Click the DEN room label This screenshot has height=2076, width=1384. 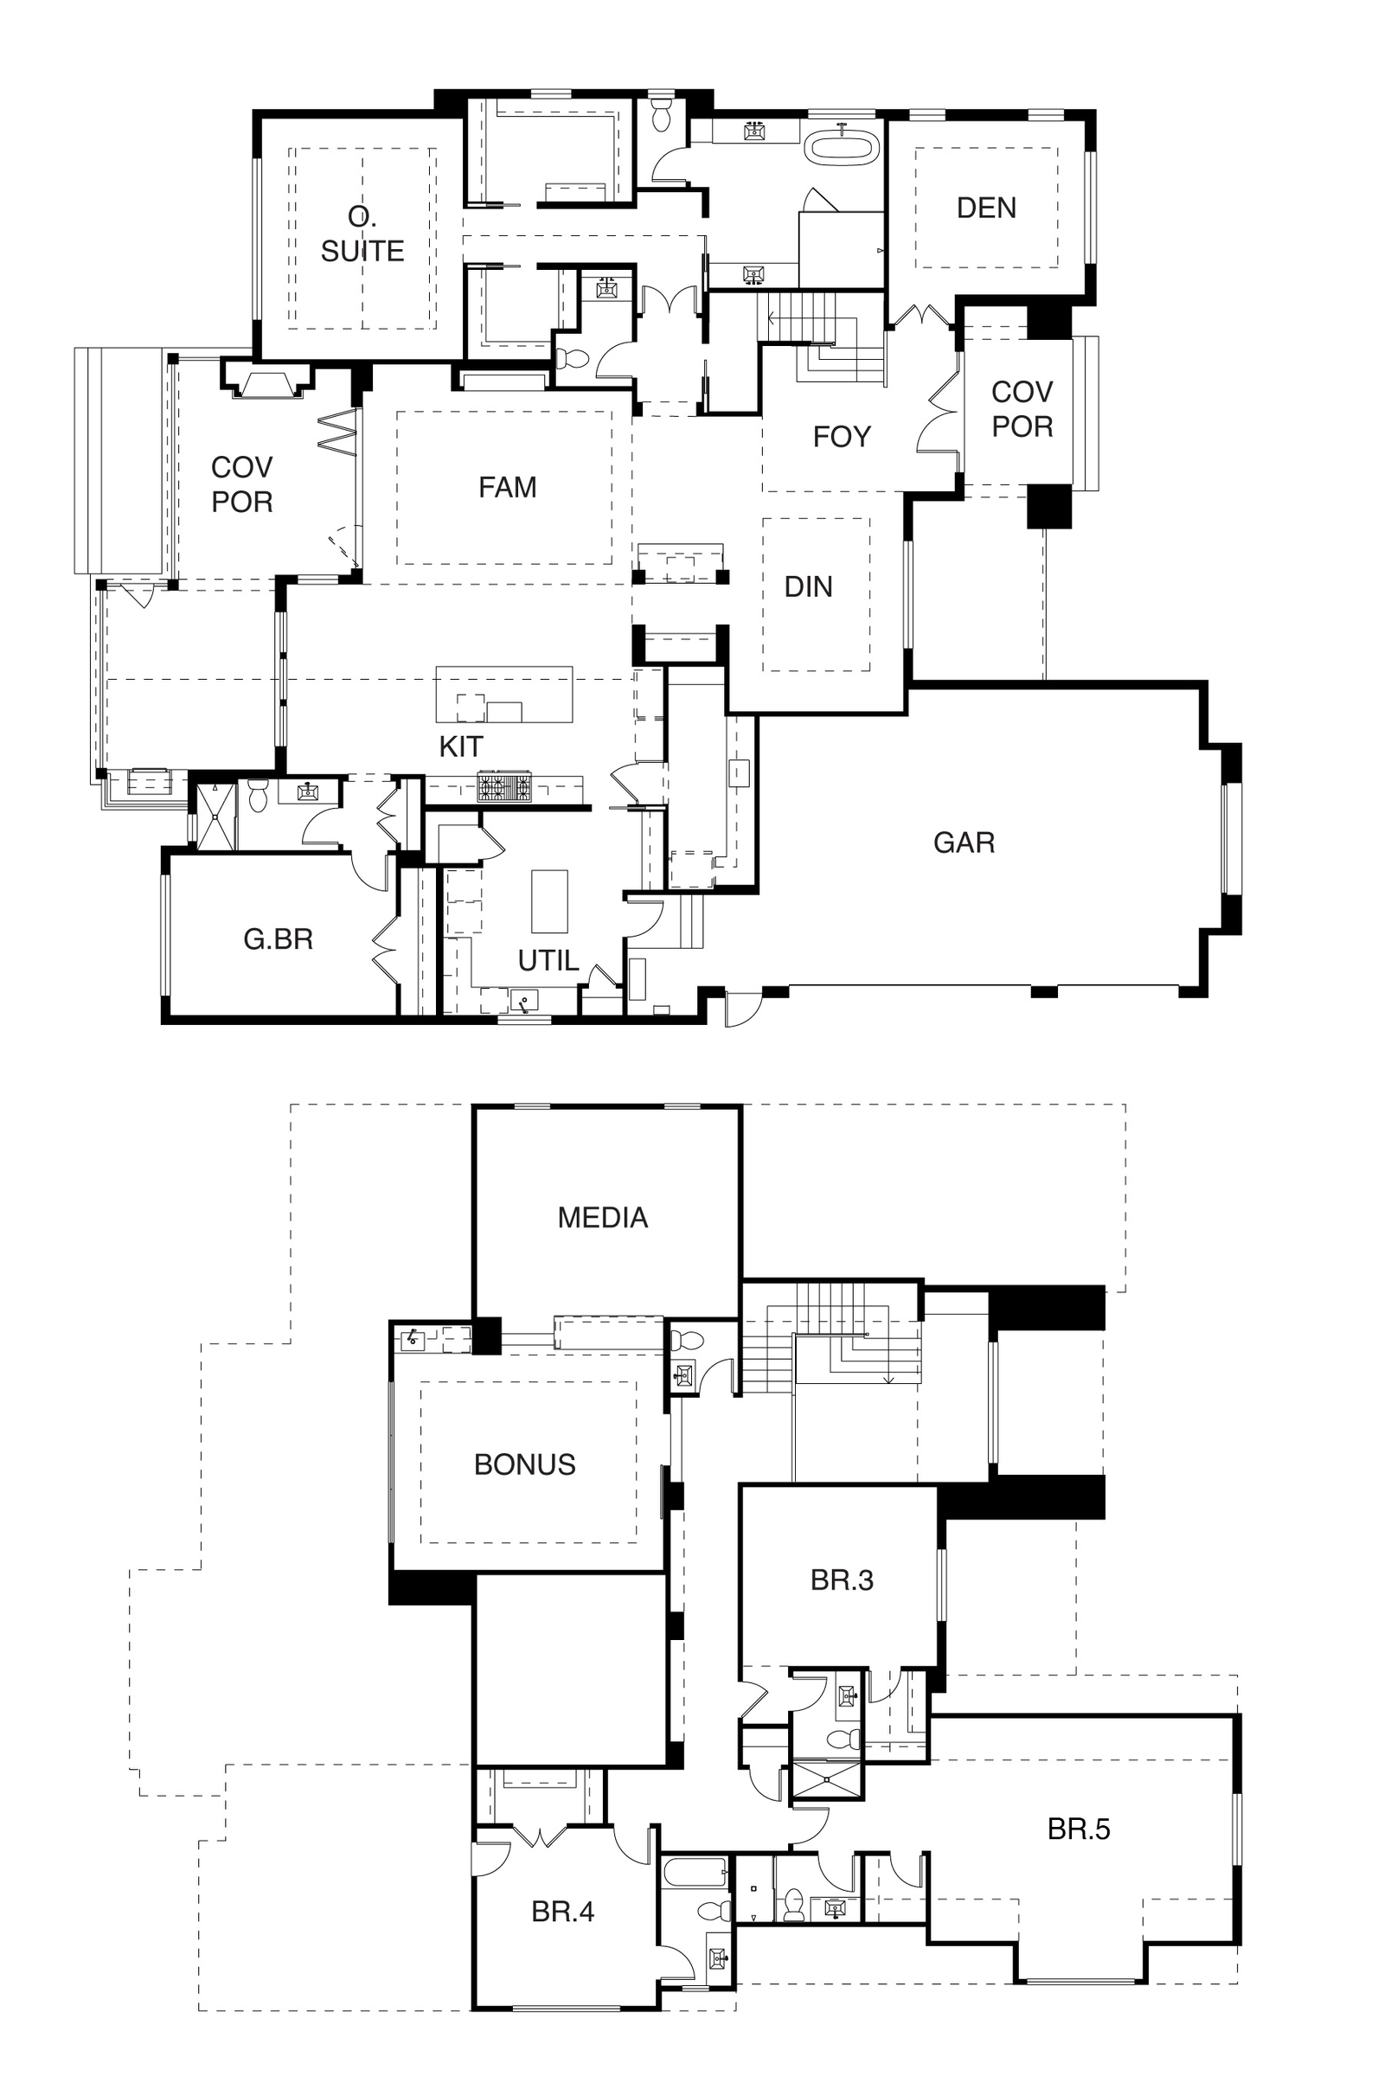[x=986, y=208]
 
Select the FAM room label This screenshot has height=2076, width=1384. [x=508, y=487]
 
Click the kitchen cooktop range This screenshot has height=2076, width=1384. [x=505, y=785]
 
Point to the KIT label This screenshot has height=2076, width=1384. [x=461, y=746]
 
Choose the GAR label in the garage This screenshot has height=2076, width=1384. [x=964, y=843]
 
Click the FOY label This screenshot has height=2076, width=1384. [x=841, y=437]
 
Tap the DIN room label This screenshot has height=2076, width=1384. [x=809, y=587]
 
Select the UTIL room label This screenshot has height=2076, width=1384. [x=548, y=960]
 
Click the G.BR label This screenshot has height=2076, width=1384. [x=278, y=939]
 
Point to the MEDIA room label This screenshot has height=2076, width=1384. [x=603, y=1218]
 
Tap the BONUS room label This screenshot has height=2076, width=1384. [x=525, y=1464]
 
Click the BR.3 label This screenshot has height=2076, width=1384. [x=842, y=1580]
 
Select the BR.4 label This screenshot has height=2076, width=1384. [x=563, y=1912]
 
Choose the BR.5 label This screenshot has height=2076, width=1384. [x=1079, y=1829]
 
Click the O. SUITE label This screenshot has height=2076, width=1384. [x=362, y=234]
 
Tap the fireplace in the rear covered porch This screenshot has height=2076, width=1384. [x=266, y=384]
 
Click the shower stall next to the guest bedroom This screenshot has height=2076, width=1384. [x=215, y=817]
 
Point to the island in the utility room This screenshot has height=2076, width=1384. [x=549, y=900]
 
